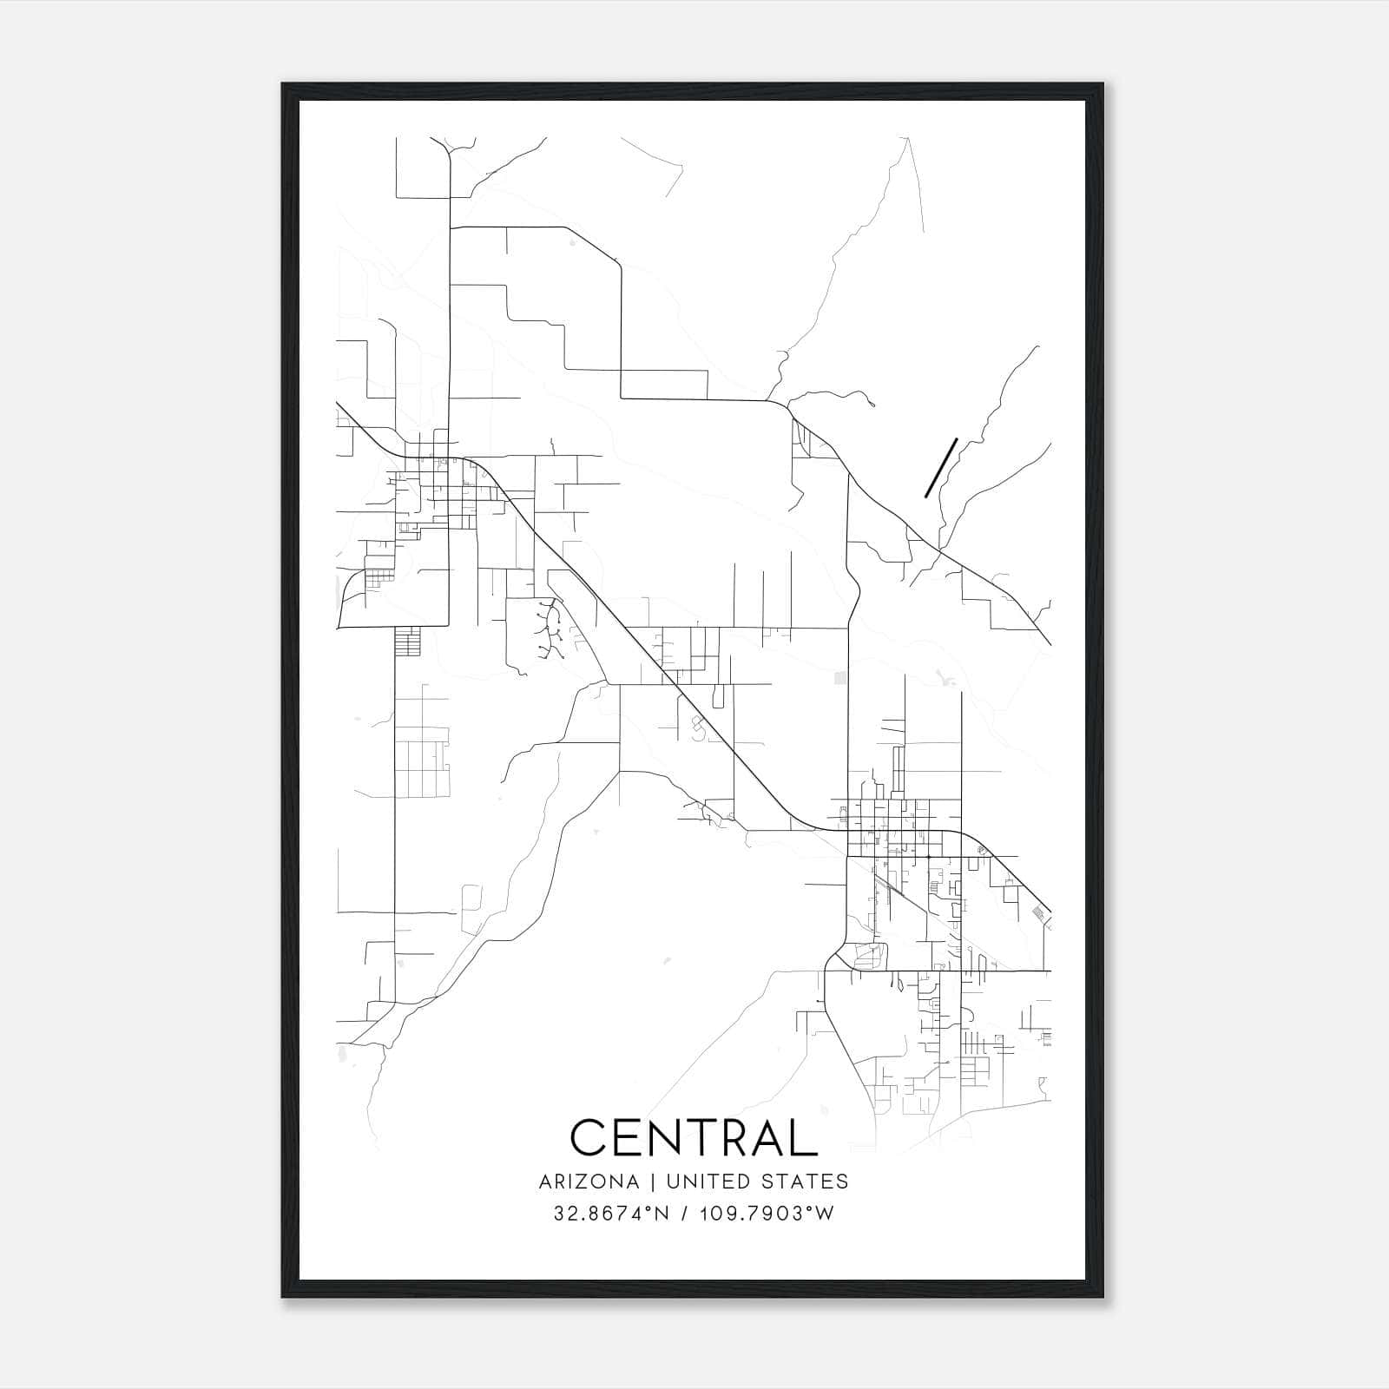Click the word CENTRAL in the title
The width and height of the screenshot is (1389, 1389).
point(694,1137)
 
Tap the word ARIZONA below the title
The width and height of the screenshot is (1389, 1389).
point(589,1182)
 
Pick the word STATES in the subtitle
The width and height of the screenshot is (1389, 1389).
point(806,1182)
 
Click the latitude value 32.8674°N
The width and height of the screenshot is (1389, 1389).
point(611,1214)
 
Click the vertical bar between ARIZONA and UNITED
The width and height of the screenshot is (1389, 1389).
point(647,1182)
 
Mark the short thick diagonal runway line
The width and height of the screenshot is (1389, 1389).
point(941,468)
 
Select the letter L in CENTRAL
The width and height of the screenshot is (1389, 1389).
point(806,1137)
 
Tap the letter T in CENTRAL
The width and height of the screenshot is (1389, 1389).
point(694,1137)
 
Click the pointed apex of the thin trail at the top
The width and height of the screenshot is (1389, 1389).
point(907,138)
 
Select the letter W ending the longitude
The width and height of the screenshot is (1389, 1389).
point(825,1214)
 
